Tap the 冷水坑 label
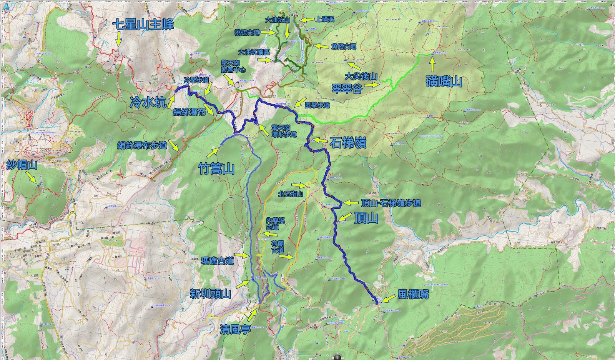(x=148, y=102)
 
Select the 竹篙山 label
(x=216, y=168)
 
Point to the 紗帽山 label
(x=22, y=165)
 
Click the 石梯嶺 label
(x=348, y=143)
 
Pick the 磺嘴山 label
(x=444, y=82)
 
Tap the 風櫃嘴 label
(x=413, y=295)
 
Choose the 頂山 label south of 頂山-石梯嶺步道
(x=366, y=218)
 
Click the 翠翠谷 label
(x=347, y=89)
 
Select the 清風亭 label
(x=235, y=329)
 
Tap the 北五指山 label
(x=291, y=194)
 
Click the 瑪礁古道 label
(x=217, y=261)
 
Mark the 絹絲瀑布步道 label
(x=142, y=145)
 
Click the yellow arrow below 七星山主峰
(x=119, y=39)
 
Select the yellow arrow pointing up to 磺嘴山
(x=432, y=64)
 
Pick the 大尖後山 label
(x=361, y=76)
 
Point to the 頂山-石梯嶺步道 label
(x=391, y=203)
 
